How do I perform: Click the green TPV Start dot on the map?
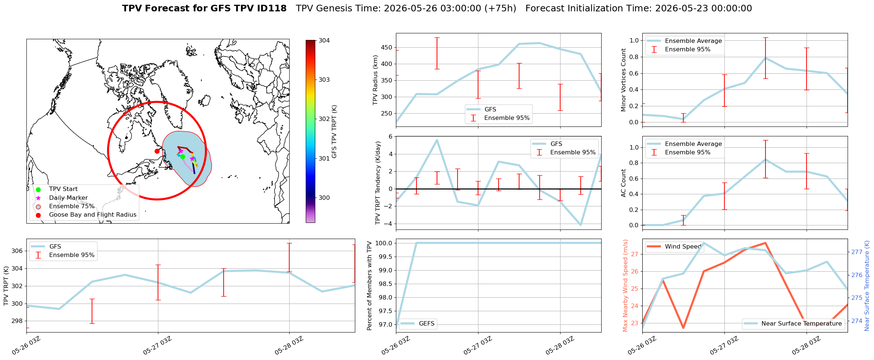pyautogui.click(x=183, y=157)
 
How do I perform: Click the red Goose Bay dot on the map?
pyautogui.click(x=157, y=151)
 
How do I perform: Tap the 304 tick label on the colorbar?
pyautogui.click(x=324, y=40)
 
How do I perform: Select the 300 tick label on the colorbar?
pyautogui.click(x=324, y=198)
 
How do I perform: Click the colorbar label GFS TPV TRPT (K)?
pyautogui.click(x=334, y=132)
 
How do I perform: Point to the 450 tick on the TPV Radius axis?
pyautogui.click(x=387, y=47)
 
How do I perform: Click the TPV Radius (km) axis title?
pyautogui.click(x=375, y=80)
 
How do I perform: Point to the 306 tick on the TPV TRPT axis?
pyautogui.click(x=17, y=251)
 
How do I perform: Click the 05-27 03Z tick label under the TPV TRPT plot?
pyautogui.click(x=158, y=346)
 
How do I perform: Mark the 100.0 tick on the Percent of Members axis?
pyautogui.click(x=384, y=243)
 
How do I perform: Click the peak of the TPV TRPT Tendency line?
pyautogui.click(x=437, y=140)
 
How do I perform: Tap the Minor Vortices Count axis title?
pyautogui.click(x=623, y=80)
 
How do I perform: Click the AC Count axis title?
pyautogui.click(x=623, y=183)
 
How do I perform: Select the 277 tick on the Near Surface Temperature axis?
pyautogui.click(x=857, y=252)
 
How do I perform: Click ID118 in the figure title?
pyautogui.click(x=273, y=8)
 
